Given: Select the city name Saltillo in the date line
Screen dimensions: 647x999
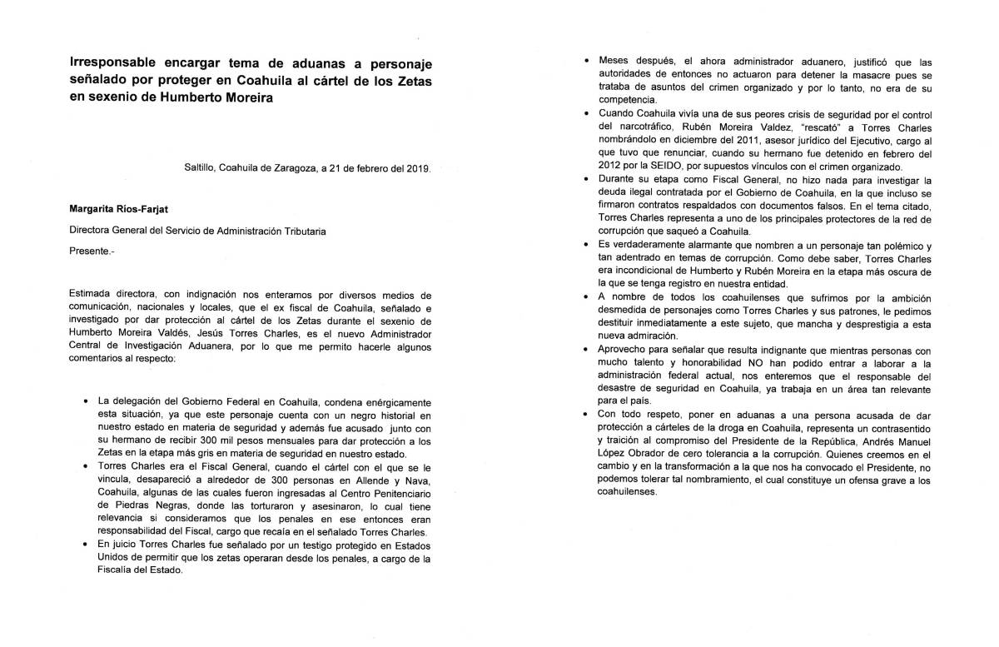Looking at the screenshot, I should (200, 167).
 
